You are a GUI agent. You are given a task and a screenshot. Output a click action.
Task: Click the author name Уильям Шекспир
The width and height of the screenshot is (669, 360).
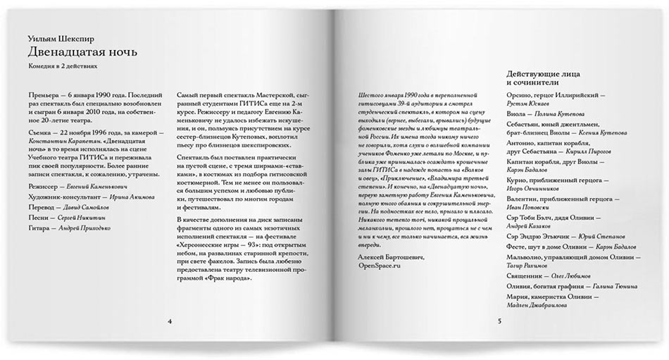[x=62, y=36]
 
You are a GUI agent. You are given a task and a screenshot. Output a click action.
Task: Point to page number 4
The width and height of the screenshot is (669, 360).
[x=170, y=321]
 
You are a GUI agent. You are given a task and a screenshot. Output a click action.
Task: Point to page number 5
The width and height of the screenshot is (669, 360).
[x=499, y=321]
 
